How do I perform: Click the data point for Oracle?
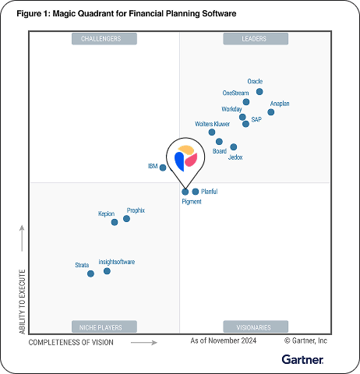(259, 91)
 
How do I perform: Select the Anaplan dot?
(270, 112)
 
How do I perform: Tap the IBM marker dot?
(163, 168)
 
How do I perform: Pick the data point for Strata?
(90, 273)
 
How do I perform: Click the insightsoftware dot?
(107, 271)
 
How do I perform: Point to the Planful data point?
(196, 191)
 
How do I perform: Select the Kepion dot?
(115, 222)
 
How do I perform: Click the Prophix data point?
(126, 218)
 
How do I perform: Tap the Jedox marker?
(234, 147)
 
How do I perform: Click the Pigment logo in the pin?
(185, 158)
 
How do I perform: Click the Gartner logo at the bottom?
(302, 359)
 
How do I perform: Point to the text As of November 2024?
(223, 340)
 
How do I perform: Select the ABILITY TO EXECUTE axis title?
(23, 302)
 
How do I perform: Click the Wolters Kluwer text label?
(212, 124)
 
